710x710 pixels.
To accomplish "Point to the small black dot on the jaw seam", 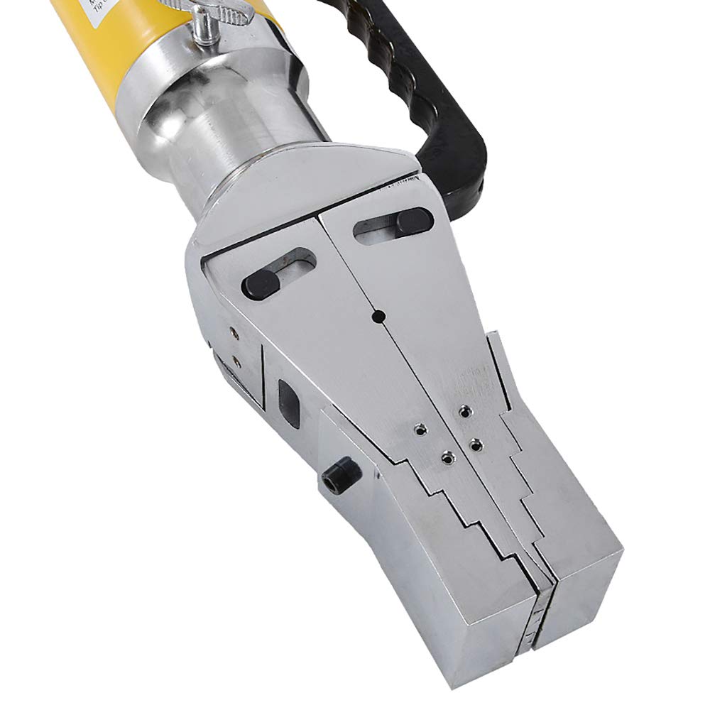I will click(x=378, y=315).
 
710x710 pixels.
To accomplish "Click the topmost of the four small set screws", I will click(x=464, y=411).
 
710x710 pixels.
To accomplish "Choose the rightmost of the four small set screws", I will click(x=476, y=444).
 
